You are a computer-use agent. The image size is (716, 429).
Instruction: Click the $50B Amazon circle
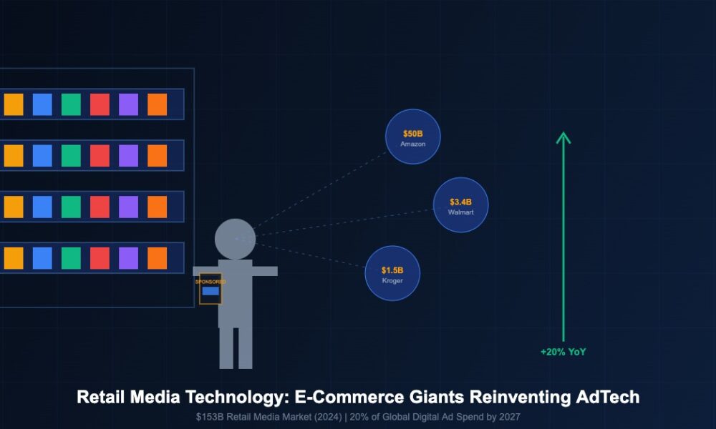coord(413,137)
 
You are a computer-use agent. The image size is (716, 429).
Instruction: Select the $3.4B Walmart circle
coord(461,205)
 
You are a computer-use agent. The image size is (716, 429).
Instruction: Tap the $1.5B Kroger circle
coord(392,274)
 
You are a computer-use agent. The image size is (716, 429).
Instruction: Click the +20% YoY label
coord(563,352)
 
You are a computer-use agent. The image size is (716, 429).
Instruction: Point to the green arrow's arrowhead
coord(563,137)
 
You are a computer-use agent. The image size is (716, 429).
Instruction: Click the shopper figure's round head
coord(235,240)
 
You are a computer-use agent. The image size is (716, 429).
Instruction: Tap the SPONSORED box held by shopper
coord(211,289)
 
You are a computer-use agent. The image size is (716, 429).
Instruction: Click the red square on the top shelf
coord(100,104)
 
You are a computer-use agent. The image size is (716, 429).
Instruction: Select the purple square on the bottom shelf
coord(128,258)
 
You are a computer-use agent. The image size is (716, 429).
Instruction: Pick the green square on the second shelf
coord(71,156)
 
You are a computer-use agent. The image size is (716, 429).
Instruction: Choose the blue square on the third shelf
coord(42,207)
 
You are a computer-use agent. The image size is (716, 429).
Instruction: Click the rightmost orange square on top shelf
coord(157,104)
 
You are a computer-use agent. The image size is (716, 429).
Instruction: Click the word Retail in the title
coord(101,398)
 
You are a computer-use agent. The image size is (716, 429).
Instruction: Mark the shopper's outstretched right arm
coord(263,271)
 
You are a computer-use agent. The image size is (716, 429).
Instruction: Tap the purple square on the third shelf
coord(128,207)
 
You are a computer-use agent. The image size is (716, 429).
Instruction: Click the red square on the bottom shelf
coord(100,258)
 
